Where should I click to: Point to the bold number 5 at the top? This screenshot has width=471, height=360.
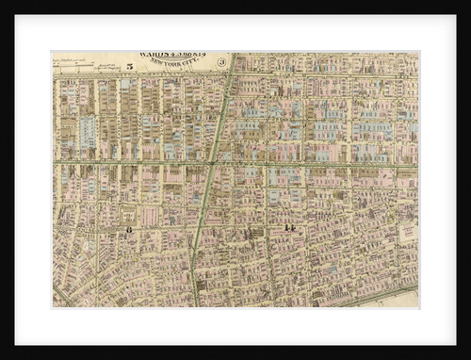pyautogui.click(x=128, y=67)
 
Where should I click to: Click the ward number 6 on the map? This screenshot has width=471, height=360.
pyautogui.click(x=129, y=229)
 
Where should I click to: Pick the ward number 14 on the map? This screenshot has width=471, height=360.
pyautogui.click(x=289, y=229)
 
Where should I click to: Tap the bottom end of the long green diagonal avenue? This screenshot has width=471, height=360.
pyautogui.click(x=194, y=303)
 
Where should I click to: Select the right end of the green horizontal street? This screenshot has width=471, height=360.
pyautogui.click(x=415, y=166)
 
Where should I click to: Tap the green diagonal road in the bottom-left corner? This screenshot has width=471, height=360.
pyautogui.click(x=62, y=297)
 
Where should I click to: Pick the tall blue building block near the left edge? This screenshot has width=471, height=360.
pyautogui.click(x=88, y=132)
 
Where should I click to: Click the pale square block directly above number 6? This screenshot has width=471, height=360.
pyautogui.click(x=129, y=212)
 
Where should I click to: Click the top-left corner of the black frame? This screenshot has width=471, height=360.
pyautogui.click(x=2, y=2)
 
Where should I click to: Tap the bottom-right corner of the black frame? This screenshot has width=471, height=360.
pyautogui.click(x=468, y=357)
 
